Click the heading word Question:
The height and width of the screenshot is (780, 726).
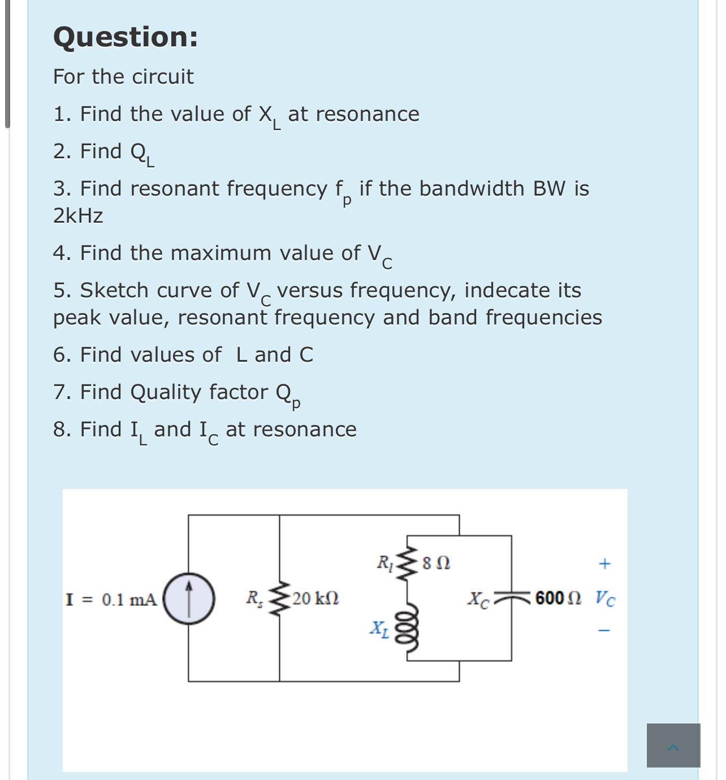tap(126, 37)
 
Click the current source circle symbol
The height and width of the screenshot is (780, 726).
tap(189, 599)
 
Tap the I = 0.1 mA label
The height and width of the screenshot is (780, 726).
tap(111, 600)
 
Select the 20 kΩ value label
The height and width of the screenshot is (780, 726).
tap(316, 598)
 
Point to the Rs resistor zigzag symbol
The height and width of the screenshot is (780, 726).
tap(279, 598)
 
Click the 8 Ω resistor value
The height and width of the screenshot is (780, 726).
tap(437, 564)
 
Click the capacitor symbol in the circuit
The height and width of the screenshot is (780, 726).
tap(512, 598)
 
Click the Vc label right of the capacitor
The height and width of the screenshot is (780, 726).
tap(605, 598)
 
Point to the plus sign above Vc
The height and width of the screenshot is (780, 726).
tap(604, 564)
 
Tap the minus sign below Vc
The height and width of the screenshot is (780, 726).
tap(604, 630)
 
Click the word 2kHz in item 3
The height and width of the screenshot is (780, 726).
tap(78, 216)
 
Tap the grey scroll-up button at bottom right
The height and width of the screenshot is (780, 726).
tap(673, 746)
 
